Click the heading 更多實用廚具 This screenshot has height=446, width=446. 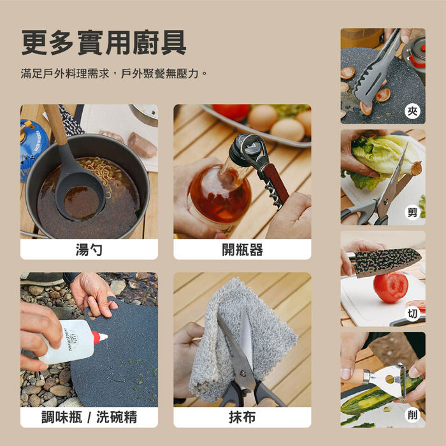[x=104, y=43]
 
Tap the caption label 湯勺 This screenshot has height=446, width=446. [x=89, y=250]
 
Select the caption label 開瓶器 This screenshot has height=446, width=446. [x=242, y=250]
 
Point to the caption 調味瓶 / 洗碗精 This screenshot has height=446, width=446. [x=89, y=417]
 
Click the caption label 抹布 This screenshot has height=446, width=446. [x=242, y=417]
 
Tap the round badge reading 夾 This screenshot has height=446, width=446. [x=412, y=111]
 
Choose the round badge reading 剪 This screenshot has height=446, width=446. [x=412, y=212]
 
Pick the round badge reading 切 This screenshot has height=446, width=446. [x=412, y=313]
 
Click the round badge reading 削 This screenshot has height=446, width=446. [x=412, y=415]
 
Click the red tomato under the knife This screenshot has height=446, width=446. [x=391, y=287]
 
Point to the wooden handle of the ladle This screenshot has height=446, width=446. [x=55, y=124]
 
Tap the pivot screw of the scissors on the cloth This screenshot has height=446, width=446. [x=243, y=372]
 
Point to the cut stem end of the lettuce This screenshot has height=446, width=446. [x=417, y=168]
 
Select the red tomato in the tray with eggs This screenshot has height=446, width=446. [x=231, y=111]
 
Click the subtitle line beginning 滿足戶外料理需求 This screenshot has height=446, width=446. [x=114, y=74]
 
